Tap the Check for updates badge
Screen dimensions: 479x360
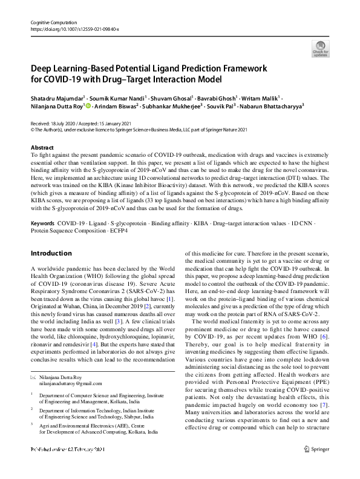coord(319,48)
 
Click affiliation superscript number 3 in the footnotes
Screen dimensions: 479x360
coord(32,425)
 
